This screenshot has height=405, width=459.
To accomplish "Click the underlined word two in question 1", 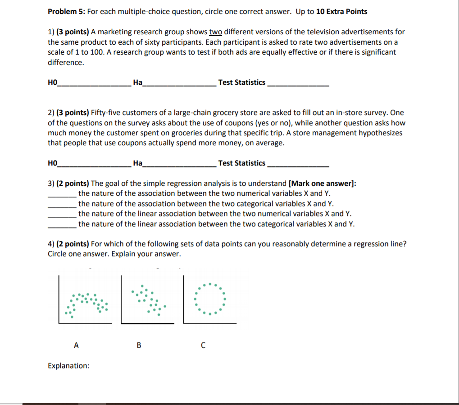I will [215, 32].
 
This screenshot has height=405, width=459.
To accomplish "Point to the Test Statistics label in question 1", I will [241, 82].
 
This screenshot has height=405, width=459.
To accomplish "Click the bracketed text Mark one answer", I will [323, 183].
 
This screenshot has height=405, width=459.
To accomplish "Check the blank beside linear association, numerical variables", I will [62, 214].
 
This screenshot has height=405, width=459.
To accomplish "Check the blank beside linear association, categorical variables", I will [62, 225].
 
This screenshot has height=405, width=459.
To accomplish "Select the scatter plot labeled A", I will [85, 301].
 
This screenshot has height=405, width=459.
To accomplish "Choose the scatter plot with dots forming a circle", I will [209, 299].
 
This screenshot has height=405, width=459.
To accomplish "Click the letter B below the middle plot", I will [139, 345].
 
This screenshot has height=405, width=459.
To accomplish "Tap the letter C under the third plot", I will [203, 345].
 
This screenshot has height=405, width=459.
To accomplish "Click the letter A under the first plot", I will [76, 345].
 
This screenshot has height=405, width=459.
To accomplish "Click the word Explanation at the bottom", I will [68, 365].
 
